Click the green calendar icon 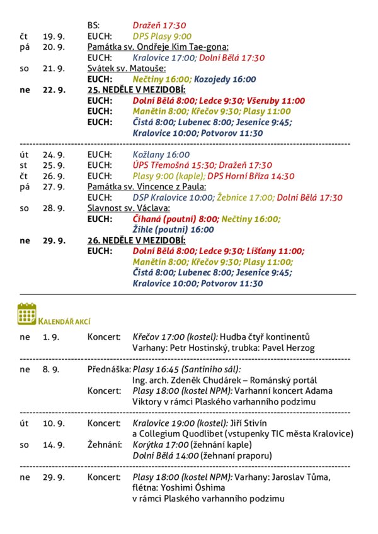pyautogui.click(x=27, y=313)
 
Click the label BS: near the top pyautogui.click(x=93, y=26)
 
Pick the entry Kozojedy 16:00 pyautogui.click(x=225, y=79)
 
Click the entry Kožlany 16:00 pyautogui.click(x=161, y=154)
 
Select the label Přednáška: pyautogui.click(x=108, y=369)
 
